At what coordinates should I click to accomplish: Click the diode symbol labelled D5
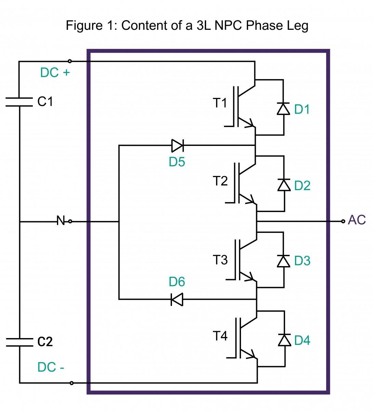177,146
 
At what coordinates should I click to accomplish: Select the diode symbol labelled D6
177,300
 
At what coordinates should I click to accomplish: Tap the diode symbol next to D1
283,109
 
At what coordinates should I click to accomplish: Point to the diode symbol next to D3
283,261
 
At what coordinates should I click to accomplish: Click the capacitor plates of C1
19,101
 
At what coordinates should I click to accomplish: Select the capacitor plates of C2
19,342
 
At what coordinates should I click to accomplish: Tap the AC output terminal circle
343,221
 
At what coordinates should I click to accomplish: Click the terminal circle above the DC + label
70,61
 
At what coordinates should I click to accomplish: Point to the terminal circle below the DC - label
71,383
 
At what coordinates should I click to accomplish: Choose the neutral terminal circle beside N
70,222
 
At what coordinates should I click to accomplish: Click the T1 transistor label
220,103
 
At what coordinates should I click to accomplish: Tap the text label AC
357,220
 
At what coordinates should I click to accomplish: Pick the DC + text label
55,73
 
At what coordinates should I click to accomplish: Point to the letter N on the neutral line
61,221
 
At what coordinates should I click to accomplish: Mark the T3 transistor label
220,260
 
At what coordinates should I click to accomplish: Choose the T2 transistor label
220,180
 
